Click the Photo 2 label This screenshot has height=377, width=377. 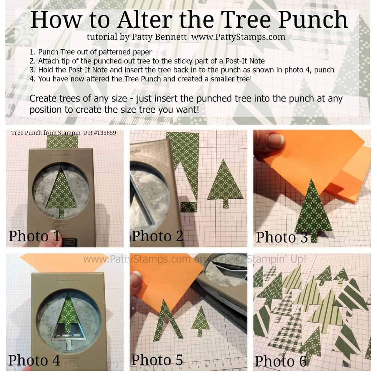(157, 236)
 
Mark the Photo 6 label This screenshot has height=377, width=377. (281, 361)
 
